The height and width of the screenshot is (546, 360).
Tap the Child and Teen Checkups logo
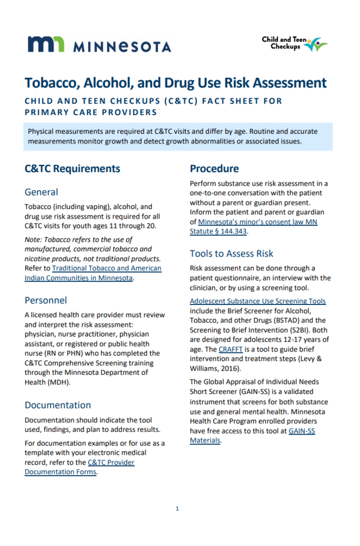[294, 44]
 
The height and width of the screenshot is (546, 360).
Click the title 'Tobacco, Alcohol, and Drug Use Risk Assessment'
[175, 83]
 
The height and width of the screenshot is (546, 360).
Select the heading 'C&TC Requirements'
[73, 168]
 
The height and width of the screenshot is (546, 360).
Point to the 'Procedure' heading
[214, 168]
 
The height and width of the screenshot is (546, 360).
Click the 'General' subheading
[41, 192]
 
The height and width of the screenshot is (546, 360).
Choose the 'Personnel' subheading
[46, 300]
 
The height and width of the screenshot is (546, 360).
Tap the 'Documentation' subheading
[58, 405]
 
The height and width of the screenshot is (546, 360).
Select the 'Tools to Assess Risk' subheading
[231, 253]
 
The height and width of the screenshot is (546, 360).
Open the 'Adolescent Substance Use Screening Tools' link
[258, 301]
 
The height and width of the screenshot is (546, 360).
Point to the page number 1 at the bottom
[177, 509]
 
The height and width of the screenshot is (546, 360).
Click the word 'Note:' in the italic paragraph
[34, 239]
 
